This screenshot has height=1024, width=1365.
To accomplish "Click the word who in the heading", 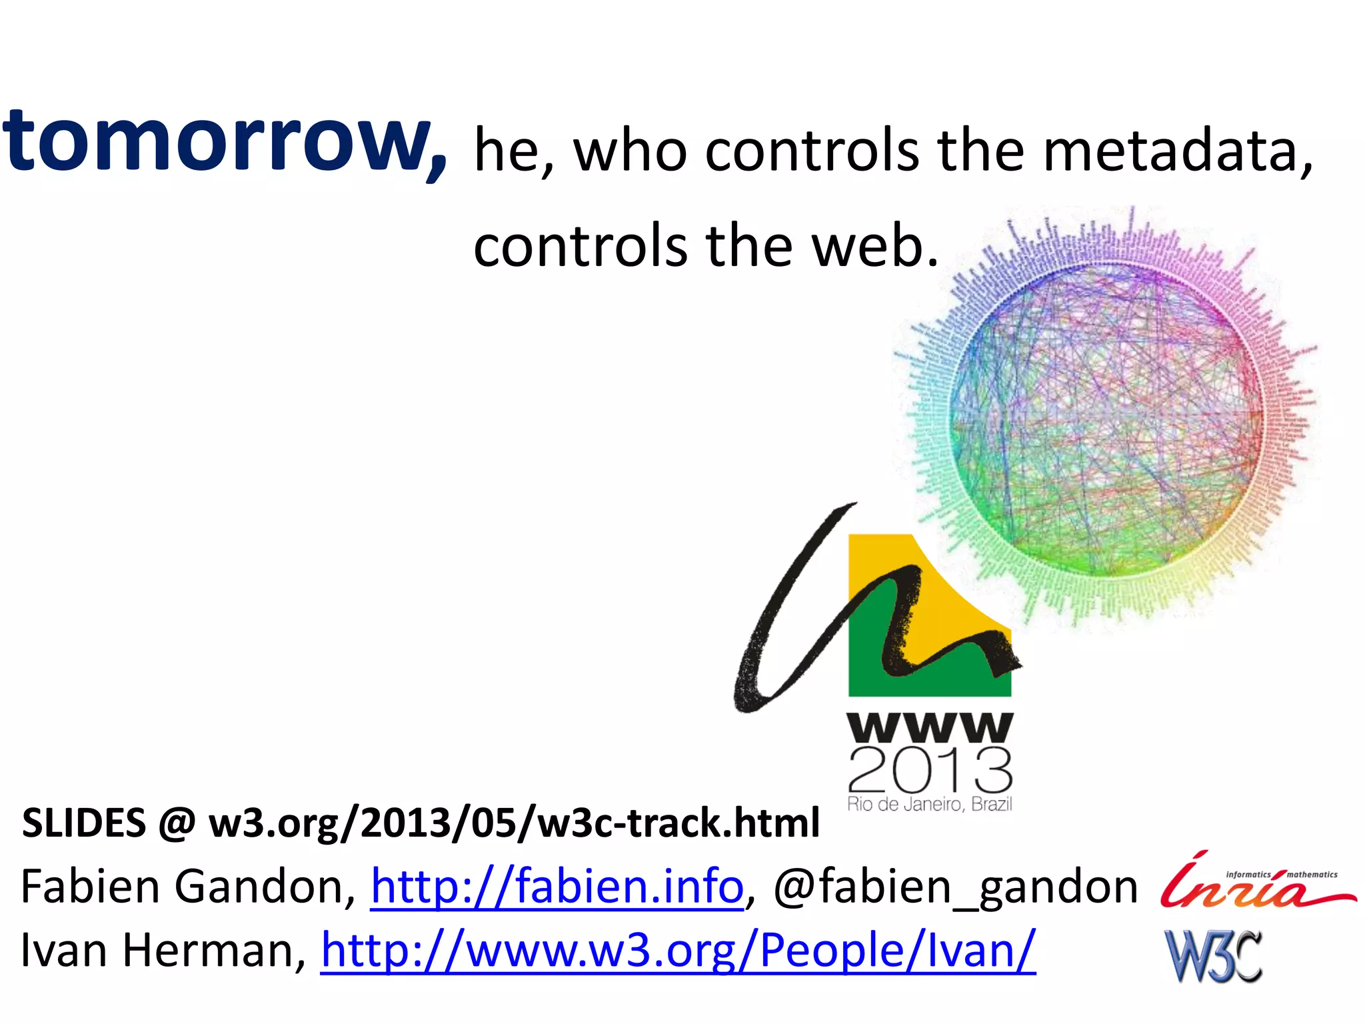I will click(x=630, y=151).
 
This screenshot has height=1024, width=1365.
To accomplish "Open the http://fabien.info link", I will click(x=557, y=887).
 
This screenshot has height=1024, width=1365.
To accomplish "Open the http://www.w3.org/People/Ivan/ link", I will click(x=678, y=950).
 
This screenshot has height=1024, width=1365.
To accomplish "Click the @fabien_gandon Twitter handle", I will click(x=954, y=887).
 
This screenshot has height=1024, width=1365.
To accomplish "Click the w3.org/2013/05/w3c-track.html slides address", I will click(x=513, y=823).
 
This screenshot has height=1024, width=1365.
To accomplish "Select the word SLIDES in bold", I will click(x=84, y=823).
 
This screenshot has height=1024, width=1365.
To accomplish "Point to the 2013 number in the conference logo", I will click(x=930, y=770).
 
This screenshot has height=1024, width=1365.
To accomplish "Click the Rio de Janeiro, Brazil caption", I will click(x=930, y=804).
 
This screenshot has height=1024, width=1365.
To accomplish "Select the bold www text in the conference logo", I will click(x=930, y=728).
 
